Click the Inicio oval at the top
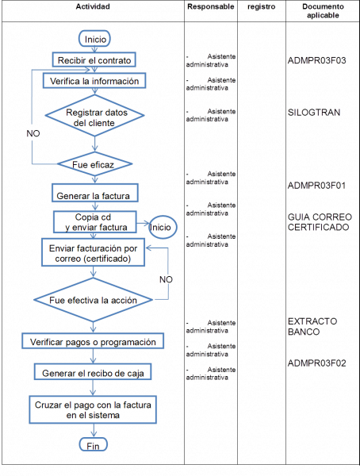95,39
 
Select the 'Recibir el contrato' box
95,60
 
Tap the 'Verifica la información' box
95,81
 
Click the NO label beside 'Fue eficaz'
33,135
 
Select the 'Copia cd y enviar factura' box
95,222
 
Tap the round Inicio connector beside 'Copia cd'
162,227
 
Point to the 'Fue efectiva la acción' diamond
95,301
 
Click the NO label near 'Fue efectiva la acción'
166,280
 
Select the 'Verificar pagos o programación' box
95,341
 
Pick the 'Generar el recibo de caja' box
95,372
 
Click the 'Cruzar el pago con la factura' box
95,409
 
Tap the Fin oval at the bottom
94,446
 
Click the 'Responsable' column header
211,7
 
